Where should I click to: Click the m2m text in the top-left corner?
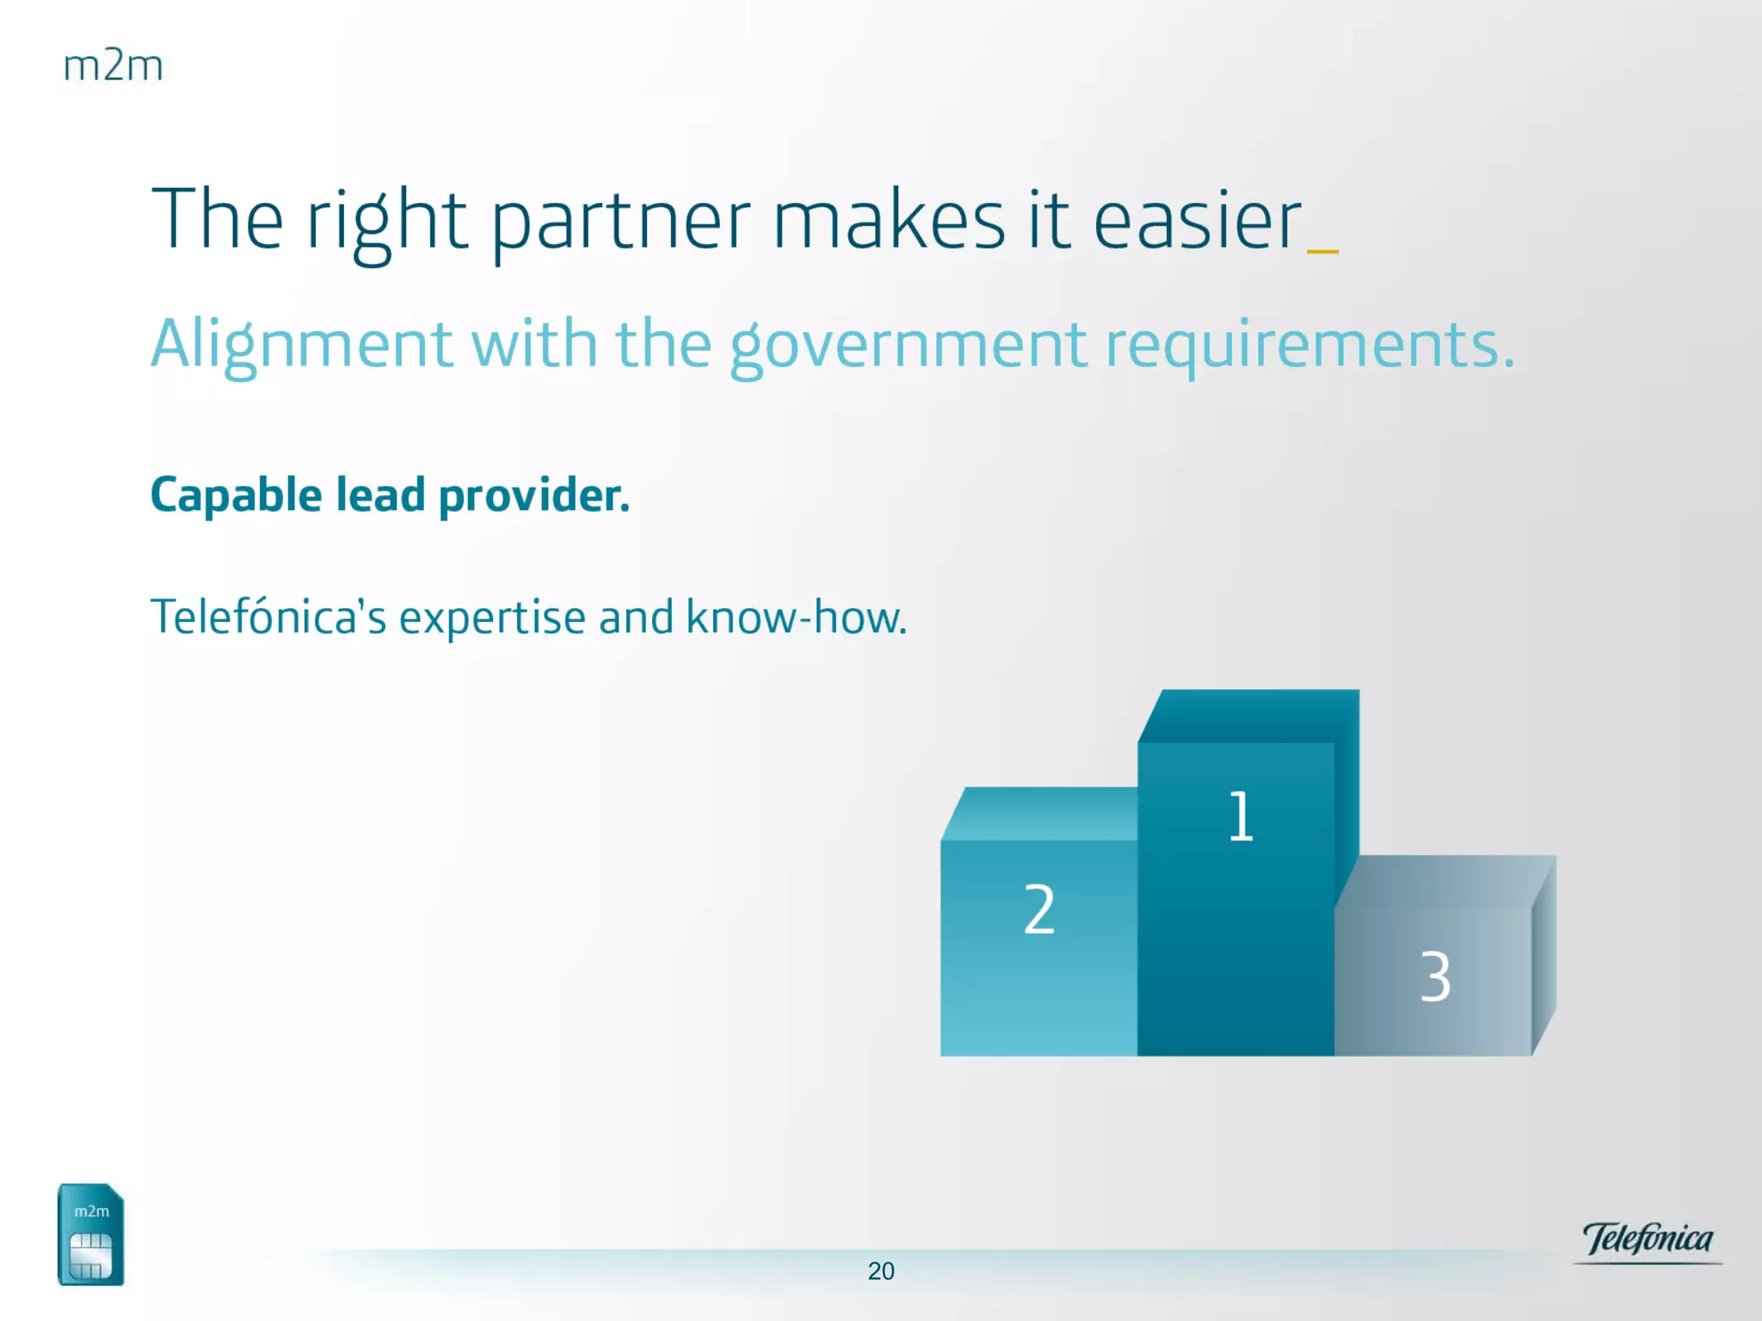[x=113, y=66]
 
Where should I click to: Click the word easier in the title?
[x=1198, y=220]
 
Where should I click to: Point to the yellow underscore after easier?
[x=1322, y=251]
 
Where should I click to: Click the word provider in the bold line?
[x=534, y=496]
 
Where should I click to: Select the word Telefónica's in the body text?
[x=268, y=617]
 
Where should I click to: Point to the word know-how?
[x=797, y=617]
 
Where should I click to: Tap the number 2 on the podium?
[x=1039, y=909]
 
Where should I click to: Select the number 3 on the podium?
[x=1435, y=976]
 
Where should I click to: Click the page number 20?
[x=881, y=1271]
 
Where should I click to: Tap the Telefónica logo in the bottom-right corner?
[x=1648, y=1240]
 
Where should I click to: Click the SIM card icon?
[x=91, y=1234]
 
